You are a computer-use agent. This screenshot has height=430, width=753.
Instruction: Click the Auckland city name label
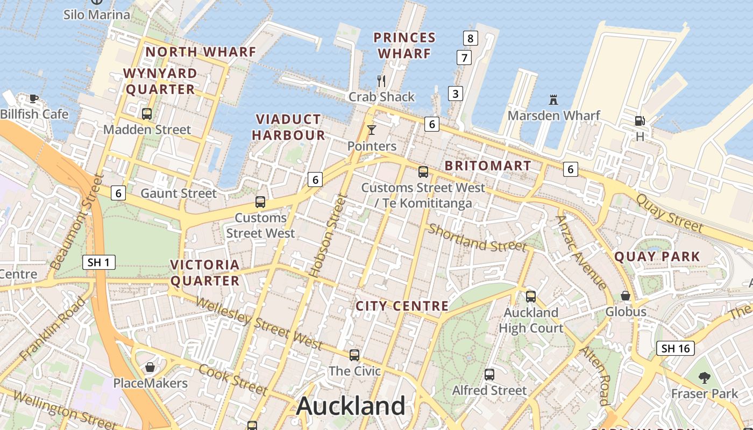[351, 406]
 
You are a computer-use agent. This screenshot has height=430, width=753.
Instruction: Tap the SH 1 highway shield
[99, 262]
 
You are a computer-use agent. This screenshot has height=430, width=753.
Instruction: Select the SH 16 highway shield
[676, 348]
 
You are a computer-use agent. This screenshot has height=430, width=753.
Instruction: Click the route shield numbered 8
[470, 38]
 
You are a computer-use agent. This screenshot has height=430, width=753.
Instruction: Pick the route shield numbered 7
[464, 58]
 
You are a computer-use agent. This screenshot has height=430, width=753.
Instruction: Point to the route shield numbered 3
[455, 94]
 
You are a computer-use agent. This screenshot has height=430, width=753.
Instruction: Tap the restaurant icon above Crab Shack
[381, 81]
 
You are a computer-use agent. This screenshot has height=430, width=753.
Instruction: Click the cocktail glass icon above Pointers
[371, 130]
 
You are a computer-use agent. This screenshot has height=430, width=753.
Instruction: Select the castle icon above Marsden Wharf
[553, 99]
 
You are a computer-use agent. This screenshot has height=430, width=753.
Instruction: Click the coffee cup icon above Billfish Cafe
[34, 98]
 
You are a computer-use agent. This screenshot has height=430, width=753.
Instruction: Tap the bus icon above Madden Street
[146, 114]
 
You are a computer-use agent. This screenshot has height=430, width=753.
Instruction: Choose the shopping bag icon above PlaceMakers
[150, 367]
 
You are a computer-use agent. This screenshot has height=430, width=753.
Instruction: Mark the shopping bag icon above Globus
[626, 296]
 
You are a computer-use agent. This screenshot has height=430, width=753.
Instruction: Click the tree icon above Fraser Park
[705, 377]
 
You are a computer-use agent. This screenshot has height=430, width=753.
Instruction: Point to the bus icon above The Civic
[354, 355]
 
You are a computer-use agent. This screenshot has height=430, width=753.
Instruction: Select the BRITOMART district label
[488, 166]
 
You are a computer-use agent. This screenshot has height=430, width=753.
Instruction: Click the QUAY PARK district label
[657, 256]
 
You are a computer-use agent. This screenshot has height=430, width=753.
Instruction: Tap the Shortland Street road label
[477, 238]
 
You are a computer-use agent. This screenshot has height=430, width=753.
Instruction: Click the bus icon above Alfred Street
[489, 374]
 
